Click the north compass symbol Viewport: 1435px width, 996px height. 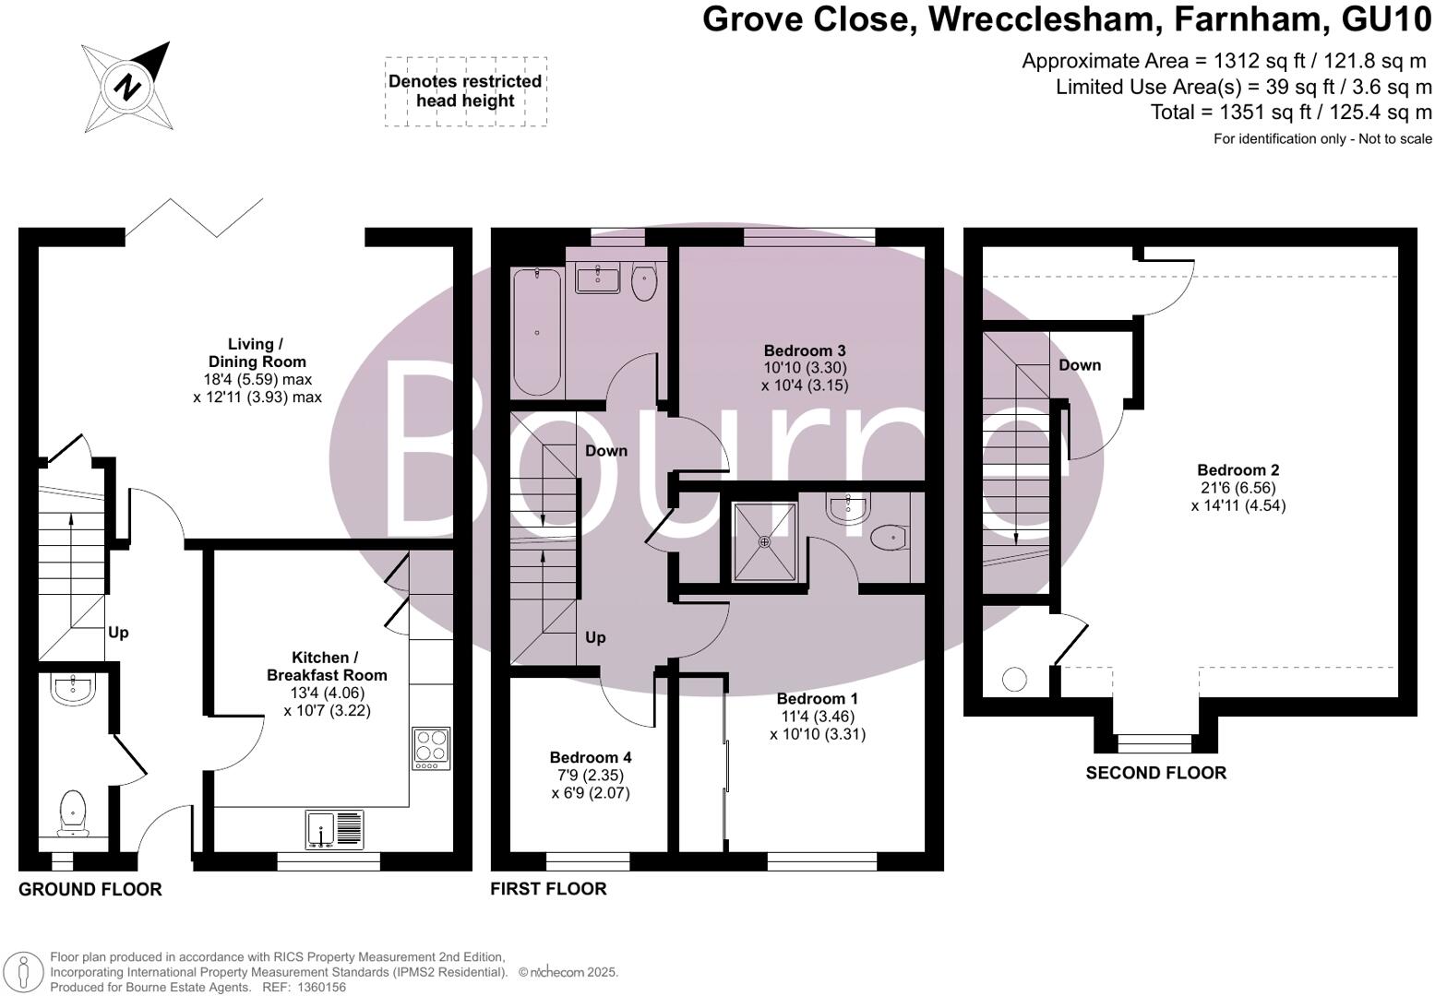click(x=126, y=88)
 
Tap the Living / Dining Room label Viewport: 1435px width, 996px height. click(x=257, y=353)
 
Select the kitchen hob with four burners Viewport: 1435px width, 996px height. click(x=431, y=749)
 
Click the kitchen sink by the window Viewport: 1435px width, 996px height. click(x=334, y=829)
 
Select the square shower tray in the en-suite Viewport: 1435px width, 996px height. click(x=763, y=541)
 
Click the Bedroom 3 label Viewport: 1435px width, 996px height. click(x=804, y=350)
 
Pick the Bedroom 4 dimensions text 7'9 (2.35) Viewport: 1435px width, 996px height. click(x=590, y=775)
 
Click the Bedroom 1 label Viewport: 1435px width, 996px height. click(x=817, y=698)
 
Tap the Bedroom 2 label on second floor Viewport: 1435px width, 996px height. click(x=1238, y=470)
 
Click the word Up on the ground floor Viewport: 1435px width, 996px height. click(x=118, y=633)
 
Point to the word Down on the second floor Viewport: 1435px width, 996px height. click(x=1080, y=365)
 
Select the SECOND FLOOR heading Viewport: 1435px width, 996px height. click(x=1155, y=773)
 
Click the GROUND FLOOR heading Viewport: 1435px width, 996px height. click(x=90, y=889)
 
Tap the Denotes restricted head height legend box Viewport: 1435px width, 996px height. click(x=465, y=91)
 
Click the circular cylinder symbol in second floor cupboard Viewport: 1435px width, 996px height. click(x=1014, y=680)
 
